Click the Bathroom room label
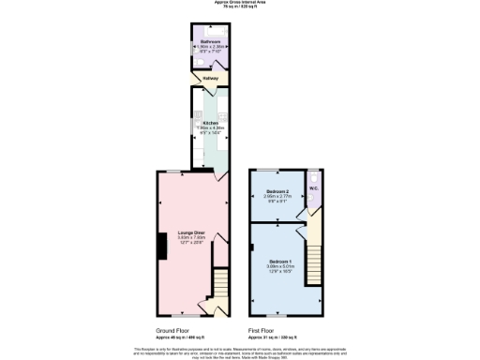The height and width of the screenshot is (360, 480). (208, 42)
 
